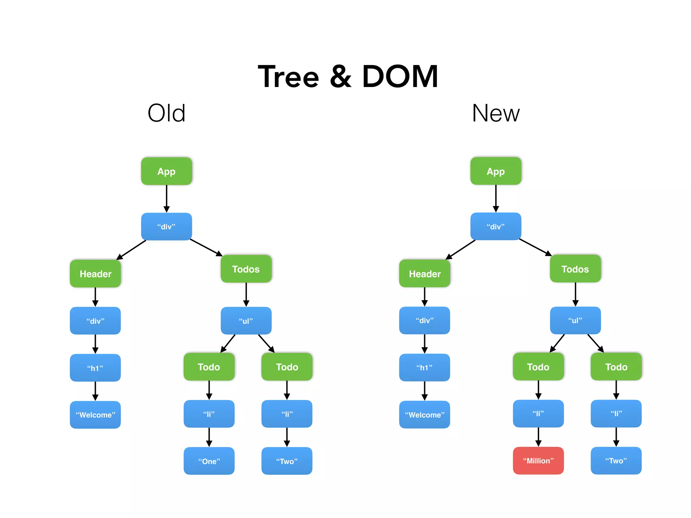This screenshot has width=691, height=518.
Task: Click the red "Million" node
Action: pos(538,461)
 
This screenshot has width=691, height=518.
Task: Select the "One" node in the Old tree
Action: pos(209,461)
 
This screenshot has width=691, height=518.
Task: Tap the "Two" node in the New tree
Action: pos(616,461)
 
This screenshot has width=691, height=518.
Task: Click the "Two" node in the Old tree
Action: pos(286,461)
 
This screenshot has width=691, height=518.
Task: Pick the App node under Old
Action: pos(166,171)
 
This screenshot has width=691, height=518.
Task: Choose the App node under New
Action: pos(496,171)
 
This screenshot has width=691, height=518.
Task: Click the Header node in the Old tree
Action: pos(95,274)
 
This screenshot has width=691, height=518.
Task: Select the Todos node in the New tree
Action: pos(575,269)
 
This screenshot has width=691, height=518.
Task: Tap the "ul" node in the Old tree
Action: pos(246,321)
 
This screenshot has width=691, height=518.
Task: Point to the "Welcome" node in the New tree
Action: pos(424,414)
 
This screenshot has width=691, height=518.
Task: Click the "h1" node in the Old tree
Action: pos(95,368)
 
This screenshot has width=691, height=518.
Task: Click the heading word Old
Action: pos(166,113)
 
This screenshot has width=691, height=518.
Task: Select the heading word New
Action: pos(496,113)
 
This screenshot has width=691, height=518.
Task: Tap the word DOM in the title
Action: pos(400,77)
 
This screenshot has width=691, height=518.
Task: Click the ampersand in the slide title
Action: pos(340,77)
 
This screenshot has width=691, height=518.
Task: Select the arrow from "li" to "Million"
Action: pos(538,437)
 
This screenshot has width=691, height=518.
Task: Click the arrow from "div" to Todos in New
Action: pos(535,247)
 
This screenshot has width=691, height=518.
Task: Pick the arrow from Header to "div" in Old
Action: pos(95,297)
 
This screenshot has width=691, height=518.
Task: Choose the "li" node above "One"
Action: pos(209,414)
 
